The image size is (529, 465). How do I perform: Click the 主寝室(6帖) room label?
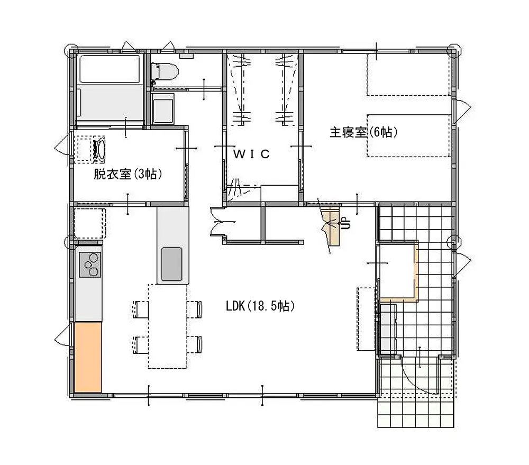pyautogui.click(x=363, y=132)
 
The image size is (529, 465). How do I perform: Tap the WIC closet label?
pyautogui.click(x=252, y=154)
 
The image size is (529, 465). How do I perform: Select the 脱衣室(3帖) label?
pyautogui.click(x=127, y=174)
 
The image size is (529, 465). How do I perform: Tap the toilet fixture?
pyautogui.click(x=165, y=71)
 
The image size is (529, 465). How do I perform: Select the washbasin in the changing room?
pyautogui.click(x=99, y=148)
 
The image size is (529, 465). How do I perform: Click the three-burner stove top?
pyautogui.click(x=90, y=265)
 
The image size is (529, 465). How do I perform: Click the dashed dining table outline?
pyautogui.click(x=167, y=326)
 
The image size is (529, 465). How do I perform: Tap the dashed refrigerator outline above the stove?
pyautogui.click(x=89, y=223)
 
